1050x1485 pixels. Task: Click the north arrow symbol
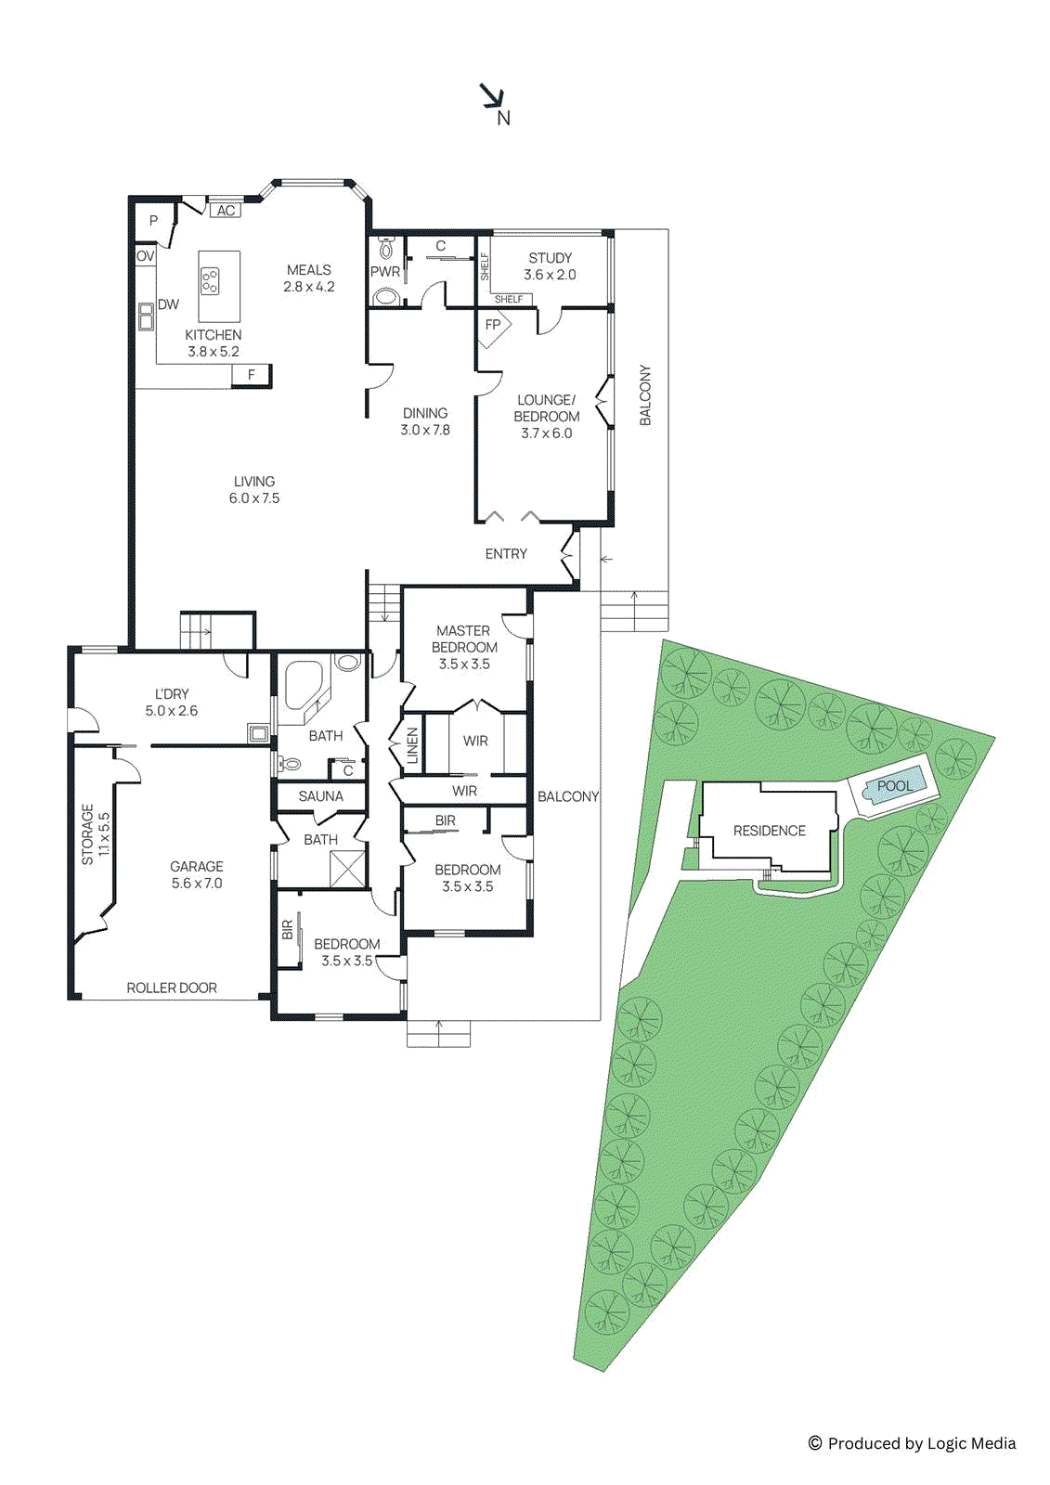click(492, 97)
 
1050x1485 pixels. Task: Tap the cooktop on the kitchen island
click(211, 279)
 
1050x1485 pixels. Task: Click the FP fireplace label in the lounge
click(493, 325)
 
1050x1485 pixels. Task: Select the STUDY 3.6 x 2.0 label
click(550, 266)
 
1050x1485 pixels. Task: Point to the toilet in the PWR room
click(387, 249)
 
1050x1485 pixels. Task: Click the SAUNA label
click(320, 796)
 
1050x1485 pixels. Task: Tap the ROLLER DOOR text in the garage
click(172, 988)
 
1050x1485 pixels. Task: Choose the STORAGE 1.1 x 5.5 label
click(95, 834)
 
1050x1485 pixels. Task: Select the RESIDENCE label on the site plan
click(769, 831)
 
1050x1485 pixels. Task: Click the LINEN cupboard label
click(412, 745)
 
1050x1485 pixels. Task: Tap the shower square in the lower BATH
click(349, 870)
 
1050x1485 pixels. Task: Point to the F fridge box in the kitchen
click(251, 375)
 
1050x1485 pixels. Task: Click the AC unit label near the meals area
click(226, 211)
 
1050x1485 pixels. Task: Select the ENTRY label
click(506, 554)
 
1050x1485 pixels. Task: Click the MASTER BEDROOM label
click(464, 647)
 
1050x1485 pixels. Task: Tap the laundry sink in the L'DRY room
click(258, 733)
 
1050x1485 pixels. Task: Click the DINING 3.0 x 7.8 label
click(425, 421)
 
